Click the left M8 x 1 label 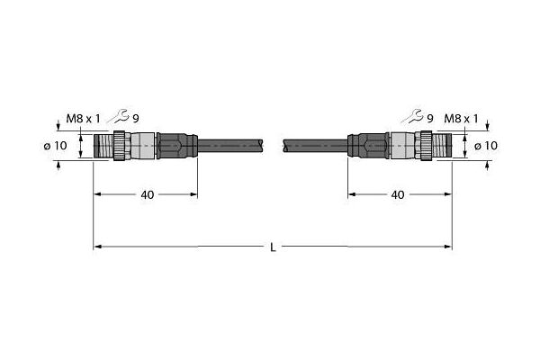point(83,119)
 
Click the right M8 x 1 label point(461,119)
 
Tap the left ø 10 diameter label point(56,146)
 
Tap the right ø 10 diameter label point(486,146)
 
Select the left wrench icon point(119,116)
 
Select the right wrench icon point(412,116)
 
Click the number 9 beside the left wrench point(136,119)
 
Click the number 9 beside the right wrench point(430,119)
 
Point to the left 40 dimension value point(148,195)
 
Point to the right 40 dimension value point(398,195)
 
